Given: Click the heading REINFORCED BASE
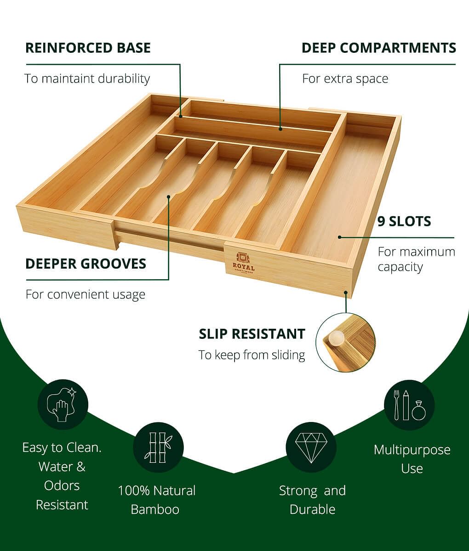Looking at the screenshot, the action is [x=88, y=48].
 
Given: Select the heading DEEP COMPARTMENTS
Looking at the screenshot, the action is [x=379, y=48].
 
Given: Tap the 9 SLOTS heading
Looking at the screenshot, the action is [x=404, y=221].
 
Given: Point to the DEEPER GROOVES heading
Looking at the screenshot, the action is [x=86, y=264].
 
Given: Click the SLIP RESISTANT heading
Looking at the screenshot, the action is [x=252, y=334].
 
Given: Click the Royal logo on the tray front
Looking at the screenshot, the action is [x=243, y=263].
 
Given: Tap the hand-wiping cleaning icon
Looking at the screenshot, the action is [x=63, y=405].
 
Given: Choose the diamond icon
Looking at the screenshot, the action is [x=311, y=448].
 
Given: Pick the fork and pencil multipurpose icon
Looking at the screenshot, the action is [x=409, y=405].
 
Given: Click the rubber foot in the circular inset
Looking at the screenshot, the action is [x=336, y=338].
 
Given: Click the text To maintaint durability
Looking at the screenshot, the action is [x=87, y=79].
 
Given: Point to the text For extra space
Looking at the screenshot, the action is [x=345, y=79].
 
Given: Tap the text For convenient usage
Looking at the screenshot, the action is [x=86, y=295].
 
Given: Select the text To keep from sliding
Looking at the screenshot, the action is [x=252, y=355].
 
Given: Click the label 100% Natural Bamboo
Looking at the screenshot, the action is [x=157, y=500].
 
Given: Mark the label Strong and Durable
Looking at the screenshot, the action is [x=312, y=500].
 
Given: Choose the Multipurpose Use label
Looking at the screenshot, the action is [x=412, y=459].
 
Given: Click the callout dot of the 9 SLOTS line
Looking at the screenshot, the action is [x=339, y=237].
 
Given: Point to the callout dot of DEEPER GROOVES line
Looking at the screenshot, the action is [x=169, y=197].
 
